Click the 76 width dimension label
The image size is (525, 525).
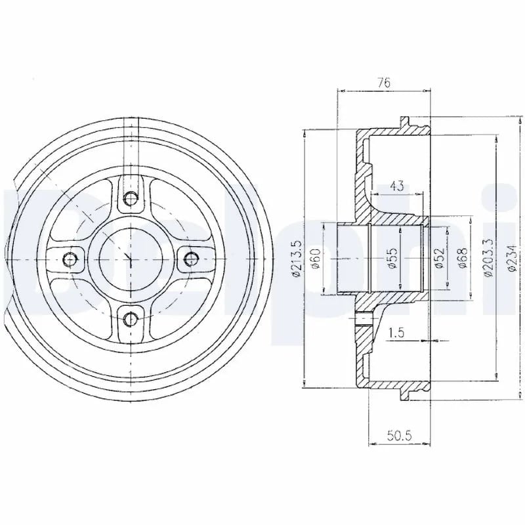pos(384,83)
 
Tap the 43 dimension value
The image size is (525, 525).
pos(397,186)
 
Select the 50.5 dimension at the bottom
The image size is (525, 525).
pos(399,436)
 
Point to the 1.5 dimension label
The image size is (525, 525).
pos(396,333)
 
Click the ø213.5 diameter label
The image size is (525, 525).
pos(297,259)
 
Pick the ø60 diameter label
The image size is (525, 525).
pos(316,259)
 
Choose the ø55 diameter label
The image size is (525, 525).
pos(392,258)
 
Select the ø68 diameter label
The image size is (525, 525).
pos(462,258)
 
